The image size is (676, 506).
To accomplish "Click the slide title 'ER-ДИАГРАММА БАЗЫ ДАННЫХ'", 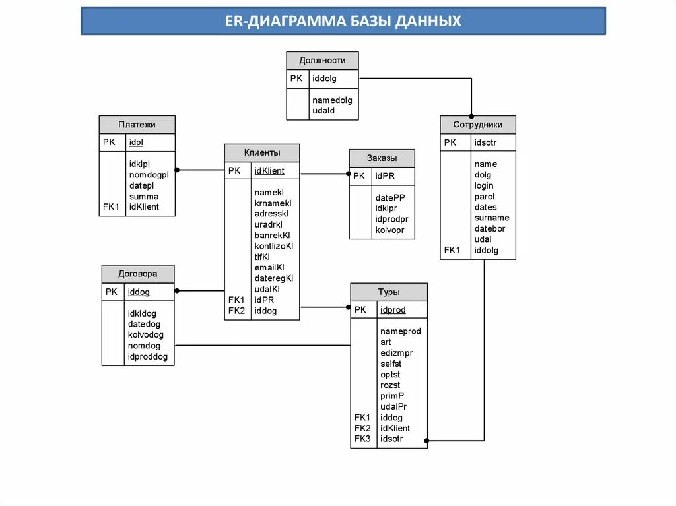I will (343, 21).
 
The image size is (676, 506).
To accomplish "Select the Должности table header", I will (322, 61).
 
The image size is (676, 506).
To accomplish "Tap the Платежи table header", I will (137, 125).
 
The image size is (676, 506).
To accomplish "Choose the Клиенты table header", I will (261, 153).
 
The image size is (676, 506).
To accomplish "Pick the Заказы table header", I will (382, 158).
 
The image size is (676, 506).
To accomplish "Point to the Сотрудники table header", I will (477, 125).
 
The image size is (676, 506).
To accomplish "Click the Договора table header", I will (137, 274).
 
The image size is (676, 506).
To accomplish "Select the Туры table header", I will (388, 292).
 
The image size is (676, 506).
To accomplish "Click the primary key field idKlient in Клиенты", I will (269, 171).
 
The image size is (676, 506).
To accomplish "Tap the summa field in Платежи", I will (143, 196).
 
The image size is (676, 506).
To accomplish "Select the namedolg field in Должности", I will (332, 100).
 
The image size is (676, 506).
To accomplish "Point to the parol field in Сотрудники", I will (484, 197).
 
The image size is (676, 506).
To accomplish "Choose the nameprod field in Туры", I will (400, 331).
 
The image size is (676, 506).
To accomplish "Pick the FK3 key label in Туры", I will (362, 439).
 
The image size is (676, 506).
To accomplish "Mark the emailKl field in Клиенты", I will (269, 268).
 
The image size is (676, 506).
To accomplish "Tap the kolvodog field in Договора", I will (145, 335).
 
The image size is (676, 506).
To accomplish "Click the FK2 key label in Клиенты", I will (236, 311).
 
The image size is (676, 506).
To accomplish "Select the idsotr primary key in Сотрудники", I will (485, 142).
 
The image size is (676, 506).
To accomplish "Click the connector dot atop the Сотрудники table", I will (471, 115).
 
